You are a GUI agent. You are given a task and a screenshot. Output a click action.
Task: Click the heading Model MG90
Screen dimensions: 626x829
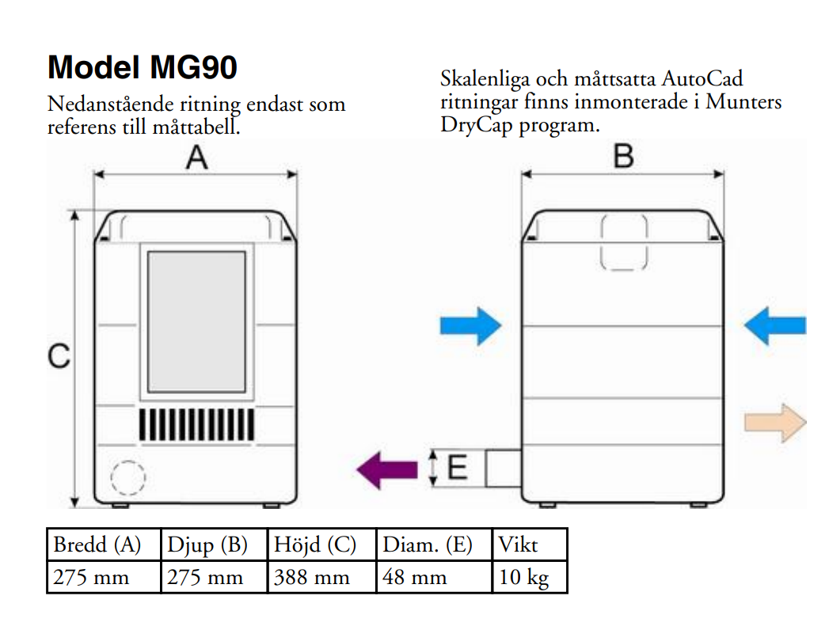[143, 68]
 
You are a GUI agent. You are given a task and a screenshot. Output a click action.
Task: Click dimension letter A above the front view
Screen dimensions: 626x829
[196, 158]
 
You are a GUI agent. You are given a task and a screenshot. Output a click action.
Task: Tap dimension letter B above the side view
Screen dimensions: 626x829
[624, 157]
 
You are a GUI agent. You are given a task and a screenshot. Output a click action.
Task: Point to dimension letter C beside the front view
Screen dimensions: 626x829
[59, 357]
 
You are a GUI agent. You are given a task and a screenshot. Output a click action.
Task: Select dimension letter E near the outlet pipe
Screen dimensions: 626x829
[457, 468]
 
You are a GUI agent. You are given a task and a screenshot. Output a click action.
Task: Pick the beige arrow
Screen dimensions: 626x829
[774, 423]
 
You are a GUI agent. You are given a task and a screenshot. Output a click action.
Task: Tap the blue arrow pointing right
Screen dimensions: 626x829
[471, 325]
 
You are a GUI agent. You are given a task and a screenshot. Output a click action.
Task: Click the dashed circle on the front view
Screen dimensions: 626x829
[127, 478]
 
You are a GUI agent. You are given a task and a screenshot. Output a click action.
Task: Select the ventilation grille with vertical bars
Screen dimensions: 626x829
[197, 425]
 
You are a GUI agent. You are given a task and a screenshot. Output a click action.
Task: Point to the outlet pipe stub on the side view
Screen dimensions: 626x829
[503, 469]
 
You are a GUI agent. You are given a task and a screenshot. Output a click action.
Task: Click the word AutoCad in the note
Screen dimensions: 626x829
[702, 80]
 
